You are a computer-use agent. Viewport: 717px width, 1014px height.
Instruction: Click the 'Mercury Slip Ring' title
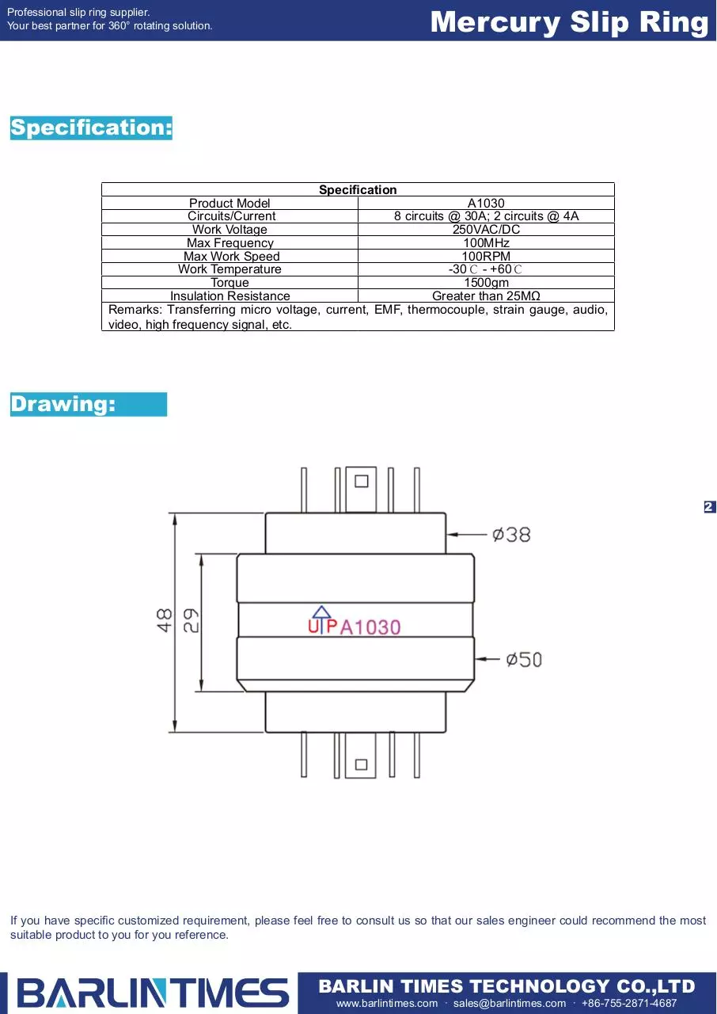[569, 22]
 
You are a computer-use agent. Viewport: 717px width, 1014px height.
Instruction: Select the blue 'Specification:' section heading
[91, 128]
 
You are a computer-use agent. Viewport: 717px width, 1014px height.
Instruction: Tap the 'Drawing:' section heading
[89, 404]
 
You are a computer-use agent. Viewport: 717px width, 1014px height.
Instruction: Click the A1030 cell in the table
[486, 204]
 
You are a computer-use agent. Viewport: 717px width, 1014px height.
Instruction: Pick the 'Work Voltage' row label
[230, 230]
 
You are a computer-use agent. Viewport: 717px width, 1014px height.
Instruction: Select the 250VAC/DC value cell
[486, 230]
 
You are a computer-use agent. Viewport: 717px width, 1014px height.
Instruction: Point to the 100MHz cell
[486, 242]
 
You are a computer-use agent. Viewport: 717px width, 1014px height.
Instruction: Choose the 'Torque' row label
[230, 283]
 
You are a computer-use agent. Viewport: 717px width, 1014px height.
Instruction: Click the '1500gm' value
[486, 283]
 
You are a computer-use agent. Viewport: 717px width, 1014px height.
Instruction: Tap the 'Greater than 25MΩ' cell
[486, 296]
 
